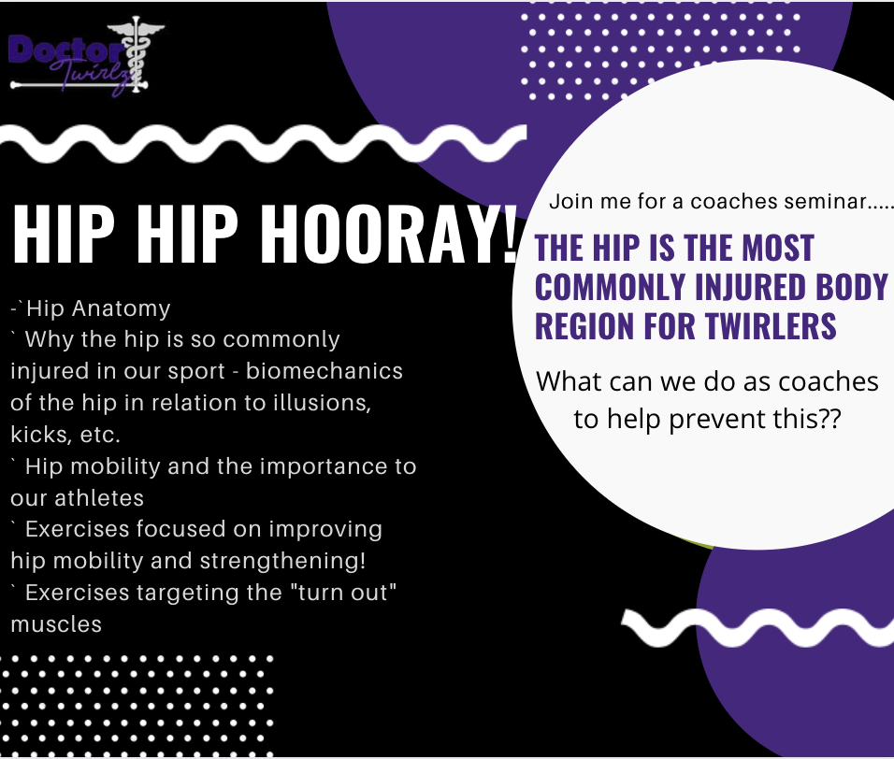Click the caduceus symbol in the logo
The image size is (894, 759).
(137, 53)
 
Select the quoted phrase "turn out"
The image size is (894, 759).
(352, 593)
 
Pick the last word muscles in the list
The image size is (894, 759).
(56, 624)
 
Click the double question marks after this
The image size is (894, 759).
(829, 418)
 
